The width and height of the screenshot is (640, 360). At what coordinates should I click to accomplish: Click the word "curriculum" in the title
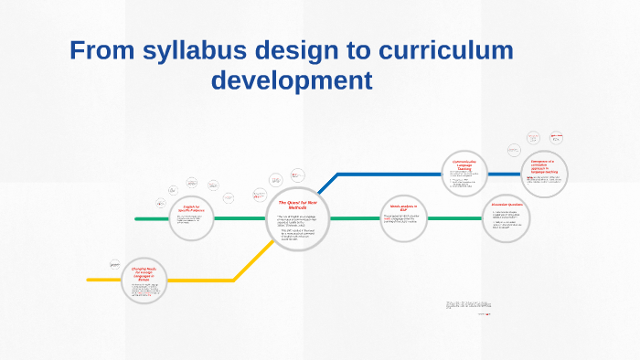pyautogui.click(x=443, y=51)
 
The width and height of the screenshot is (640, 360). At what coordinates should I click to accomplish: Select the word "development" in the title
pyautogui.click(x=292, y=80)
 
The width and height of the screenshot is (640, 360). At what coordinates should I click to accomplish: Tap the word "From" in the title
pyautogui.click(x=102, y=51)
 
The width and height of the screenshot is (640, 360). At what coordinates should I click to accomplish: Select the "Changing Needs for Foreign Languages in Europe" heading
pyautogui.click(x=146, y=271)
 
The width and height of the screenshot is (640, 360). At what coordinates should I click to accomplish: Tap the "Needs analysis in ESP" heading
pyautogui.click(x=403, y=208)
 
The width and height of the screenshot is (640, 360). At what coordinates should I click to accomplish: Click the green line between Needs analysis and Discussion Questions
pyautogui.click(x=457, y=218)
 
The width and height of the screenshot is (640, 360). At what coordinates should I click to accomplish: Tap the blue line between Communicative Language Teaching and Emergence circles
pyautogui.click(x=507, y=174)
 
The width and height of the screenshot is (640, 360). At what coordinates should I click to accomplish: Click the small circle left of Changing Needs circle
pyautogui.click(x=115, y=263)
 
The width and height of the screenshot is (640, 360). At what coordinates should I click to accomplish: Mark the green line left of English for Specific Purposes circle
pyautogui.click(x=151, y=218)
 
